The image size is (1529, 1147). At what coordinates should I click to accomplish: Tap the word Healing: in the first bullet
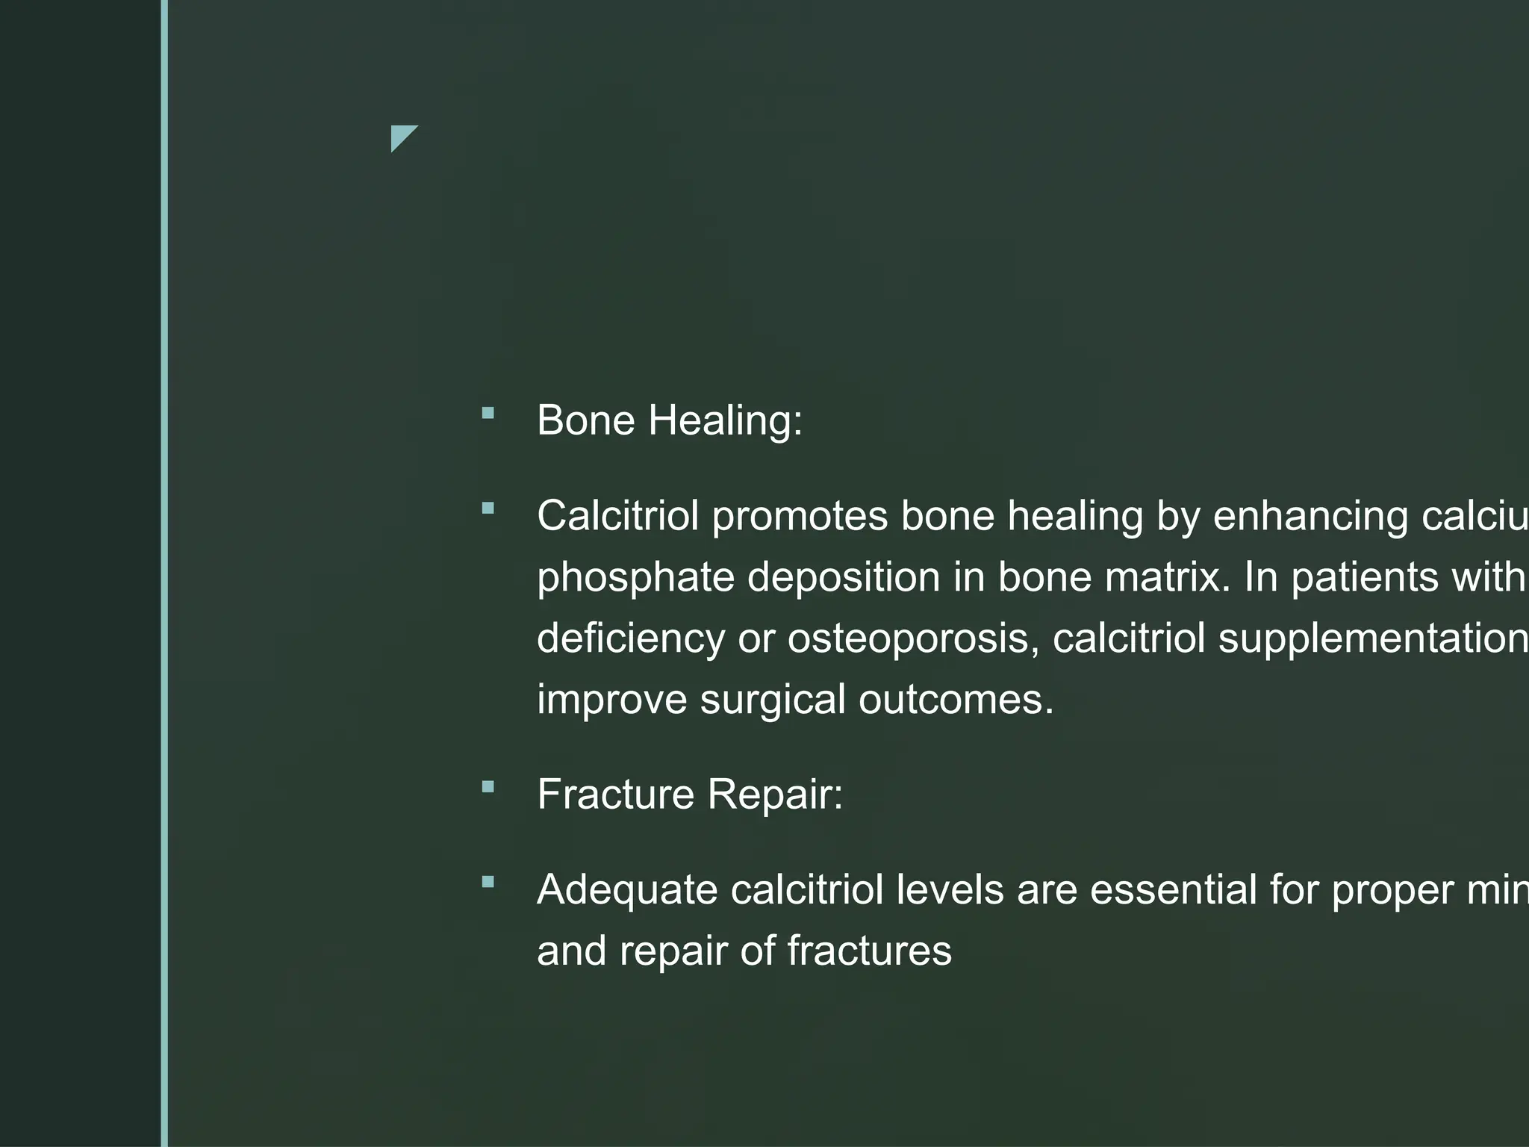[725, 420]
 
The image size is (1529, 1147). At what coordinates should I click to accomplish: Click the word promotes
[800, 516]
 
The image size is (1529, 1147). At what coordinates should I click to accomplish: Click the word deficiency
[631, 638]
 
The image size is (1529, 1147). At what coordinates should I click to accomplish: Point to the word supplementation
[1372, 638]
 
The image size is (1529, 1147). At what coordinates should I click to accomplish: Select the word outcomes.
[956, 700]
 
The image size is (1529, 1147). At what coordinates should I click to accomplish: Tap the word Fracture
[616, 794]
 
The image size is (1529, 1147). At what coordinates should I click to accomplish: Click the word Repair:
[775, 794]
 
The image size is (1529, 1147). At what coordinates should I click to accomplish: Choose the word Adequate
[627, 889]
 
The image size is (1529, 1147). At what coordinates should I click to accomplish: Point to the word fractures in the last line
[869, 951]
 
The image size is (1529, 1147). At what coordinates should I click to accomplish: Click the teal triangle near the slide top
[401, 136]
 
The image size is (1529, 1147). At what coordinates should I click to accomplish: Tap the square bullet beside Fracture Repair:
[488, 786]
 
